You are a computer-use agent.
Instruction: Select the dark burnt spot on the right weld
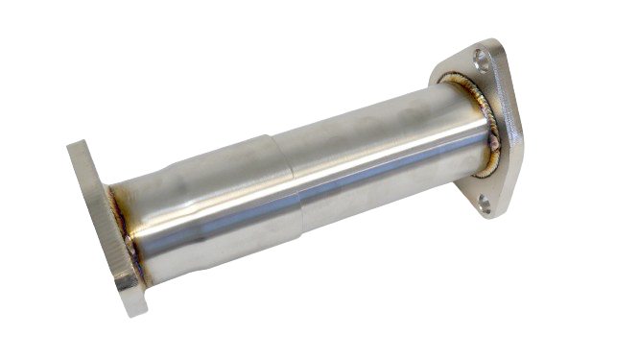pyautogui.click(x=494, y=144)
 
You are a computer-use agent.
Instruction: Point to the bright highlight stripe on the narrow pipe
pyautogui.click(x=384, y=158)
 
